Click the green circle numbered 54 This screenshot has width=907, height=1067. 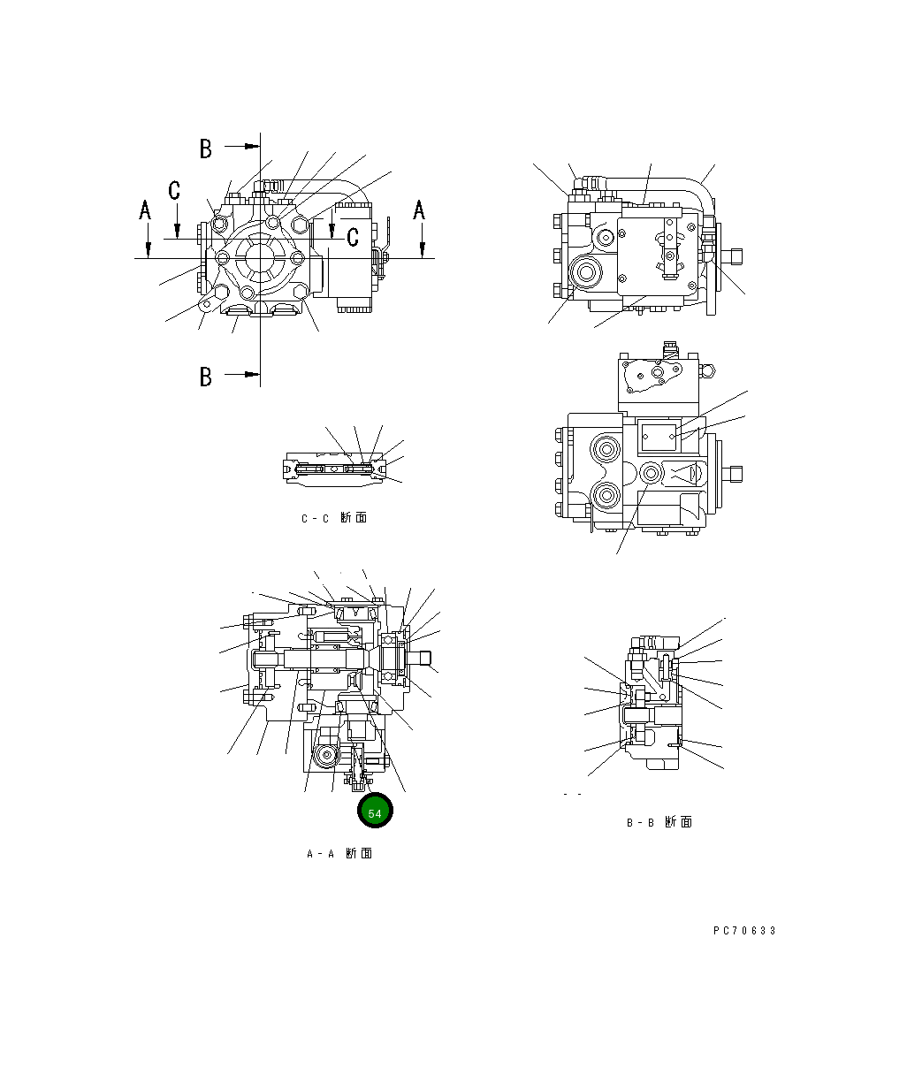[374, 812]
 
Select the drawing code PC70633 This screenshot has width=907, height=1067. [744, 931]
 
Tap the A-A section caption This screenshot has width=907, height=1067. [339, 853]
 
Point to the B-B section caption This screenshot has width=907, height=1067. [659, 822]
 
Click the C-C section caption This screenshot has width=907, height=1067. [333, 518]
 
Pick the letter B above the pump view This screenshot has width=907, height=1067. [205, 149]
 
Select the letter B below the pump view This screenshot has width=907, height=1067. [205, 377]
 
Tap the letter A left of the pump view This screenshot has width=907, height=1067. [145, 211]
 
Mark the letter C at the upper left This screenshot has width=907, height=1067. [174, 190]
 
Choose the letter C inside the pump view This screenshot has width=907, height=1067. [352, 237]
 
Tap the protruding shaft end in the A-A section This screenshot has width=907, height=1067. [425, 657]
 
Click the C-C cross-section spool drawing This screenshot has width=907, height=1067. [335, 469]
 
